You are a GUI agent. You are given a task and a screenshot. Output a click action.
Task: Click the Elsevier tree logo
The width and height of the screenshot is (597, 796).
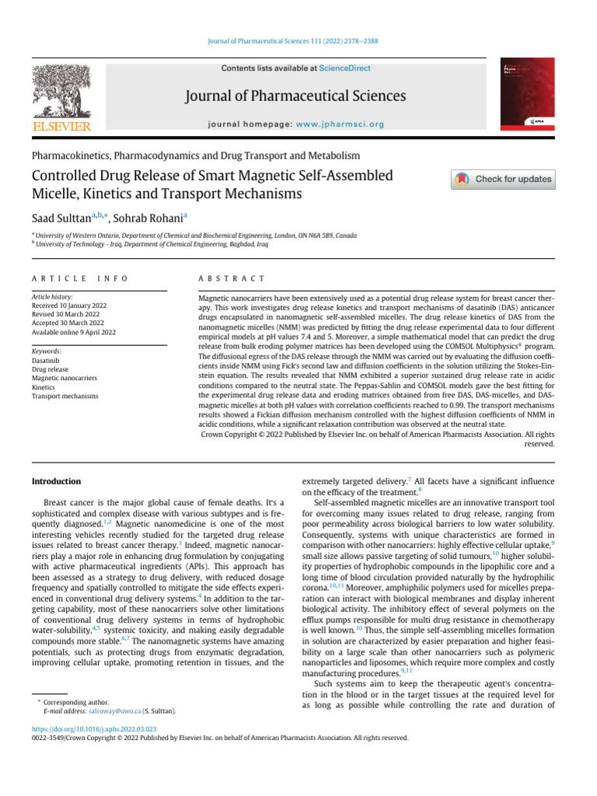tap(60, 93)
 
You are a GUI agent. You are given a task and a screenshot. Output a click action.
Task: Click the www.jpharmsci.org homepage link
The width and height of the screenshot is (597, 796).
tap(340, 124)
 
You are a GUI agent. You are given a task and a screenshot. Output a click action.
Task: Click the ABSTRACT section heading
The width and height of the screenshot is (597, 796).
tap(232, 278)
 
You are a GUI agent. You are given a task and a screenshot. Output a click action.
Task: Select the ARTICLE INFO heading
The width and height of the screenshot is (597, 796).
tap(80, 278)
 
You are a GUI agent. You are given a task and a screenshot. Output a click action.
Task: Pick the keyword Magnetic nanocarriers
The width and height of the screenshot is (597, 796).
tap(65, 379)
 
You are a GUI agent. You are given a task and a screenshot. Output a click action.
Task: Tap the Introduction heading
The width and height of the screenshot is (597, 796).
tap(56, 482)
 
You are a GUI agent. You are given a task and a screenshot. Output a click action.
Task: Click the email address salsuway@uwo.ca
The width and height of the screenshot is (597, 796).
tap(113, 710)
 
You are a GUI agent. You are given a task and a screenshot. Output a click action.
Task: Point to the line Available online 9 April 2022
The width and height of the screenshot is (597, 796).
tap(74, 332)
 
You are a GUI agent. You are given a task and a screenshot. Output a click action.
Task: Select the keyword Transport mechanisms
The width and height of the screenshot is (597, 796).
tap(65, 396)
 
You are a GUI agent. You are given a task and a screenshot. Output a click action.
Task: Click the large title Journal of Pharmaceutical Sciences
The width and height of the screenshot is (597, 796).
tap(296, 96)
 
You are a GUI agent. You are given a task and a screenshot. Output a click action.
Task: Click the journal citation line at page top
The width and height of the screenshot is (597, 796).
tap(298, 41)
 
